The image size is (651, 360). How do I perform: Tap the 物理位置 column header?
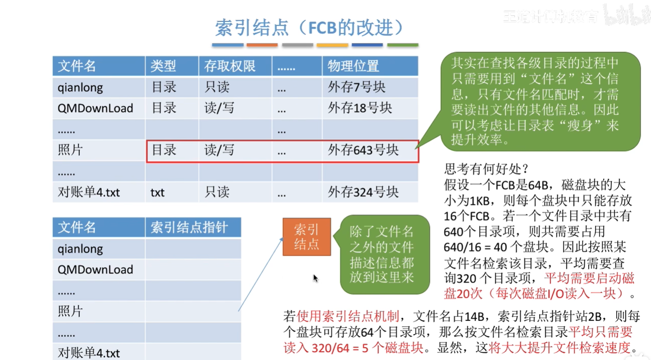coord(353,66)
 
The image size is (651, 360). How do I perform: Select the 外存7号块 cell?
coord(357,87)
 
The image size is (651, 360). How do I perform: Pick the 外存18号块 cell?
coord(360,108)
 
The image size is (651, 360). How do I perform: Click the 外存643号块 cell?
coord(363,150)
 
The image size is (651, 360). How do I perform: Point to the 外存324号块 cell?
coord(363,192)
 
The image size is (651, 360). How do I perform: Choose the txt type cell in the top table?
coord(157,193)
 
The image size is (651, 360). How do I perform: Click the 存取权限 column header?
coord(230,66)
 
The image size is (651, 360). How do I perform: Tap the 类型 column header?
coord(163,66)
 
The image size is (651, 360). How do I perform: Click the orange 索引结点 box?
coord(307,237)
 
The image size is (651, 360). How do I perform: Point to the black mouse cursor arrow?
coord(316,278)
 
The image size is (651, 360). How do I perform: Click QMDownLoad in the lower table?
coord(95,270)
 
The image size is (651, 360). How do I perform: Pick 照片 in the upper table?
coord(70,150)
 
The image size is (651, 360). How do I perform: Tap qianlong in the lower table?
coord(80,249)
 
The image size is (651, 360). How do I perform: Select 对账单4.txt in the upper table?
coord(89,193)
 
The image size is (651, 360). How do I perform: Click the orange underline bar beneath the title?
coord(262,45)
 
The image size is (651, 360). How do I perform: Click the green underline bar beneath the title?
coord(403,45)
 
